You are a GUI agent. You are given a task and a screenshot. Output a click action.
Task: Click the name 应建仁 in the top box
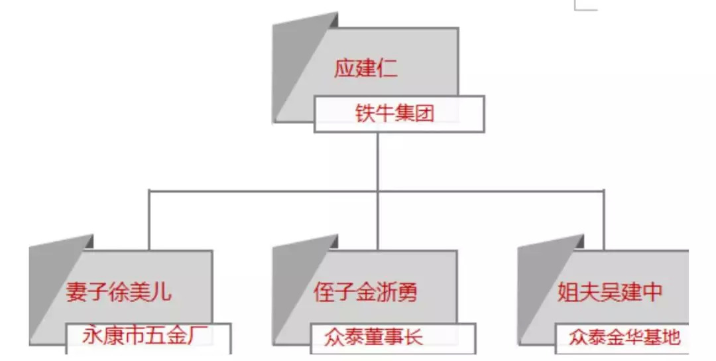[x=366, y=69]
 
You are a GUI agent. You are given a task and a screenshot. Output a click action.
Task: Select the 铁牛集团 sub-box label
[x=394, y=114]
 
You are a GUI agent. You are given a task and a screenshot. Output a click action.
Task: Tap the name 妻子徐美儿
[x=119, y=292]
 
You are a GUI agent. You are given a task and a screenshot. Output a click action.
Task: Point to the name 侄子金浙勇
[x=365, y=292]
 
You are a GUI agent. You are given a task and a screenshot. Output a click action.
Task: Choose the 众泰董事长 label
[x=374, y=337]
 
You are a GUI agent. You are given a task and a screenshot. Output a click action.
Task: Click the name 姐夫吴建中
[x=611, y=292]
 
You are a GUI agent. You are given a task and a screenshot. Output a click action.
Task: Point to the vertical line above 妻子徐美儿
[x=149, y=219]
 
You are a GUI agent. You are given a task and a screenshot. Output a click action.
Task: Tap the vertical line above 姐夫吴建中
[x=603, y=219]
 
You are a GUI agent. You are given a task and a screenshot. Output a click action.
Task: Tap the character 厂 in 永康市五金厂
[x=203, y=336]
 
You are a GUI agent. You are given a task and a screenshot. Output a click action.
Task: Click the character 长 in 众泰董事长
[x=413, y=337]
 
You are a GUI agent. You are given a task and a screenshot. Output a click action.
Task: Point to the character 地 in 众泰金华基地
[x=671, y=337]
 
